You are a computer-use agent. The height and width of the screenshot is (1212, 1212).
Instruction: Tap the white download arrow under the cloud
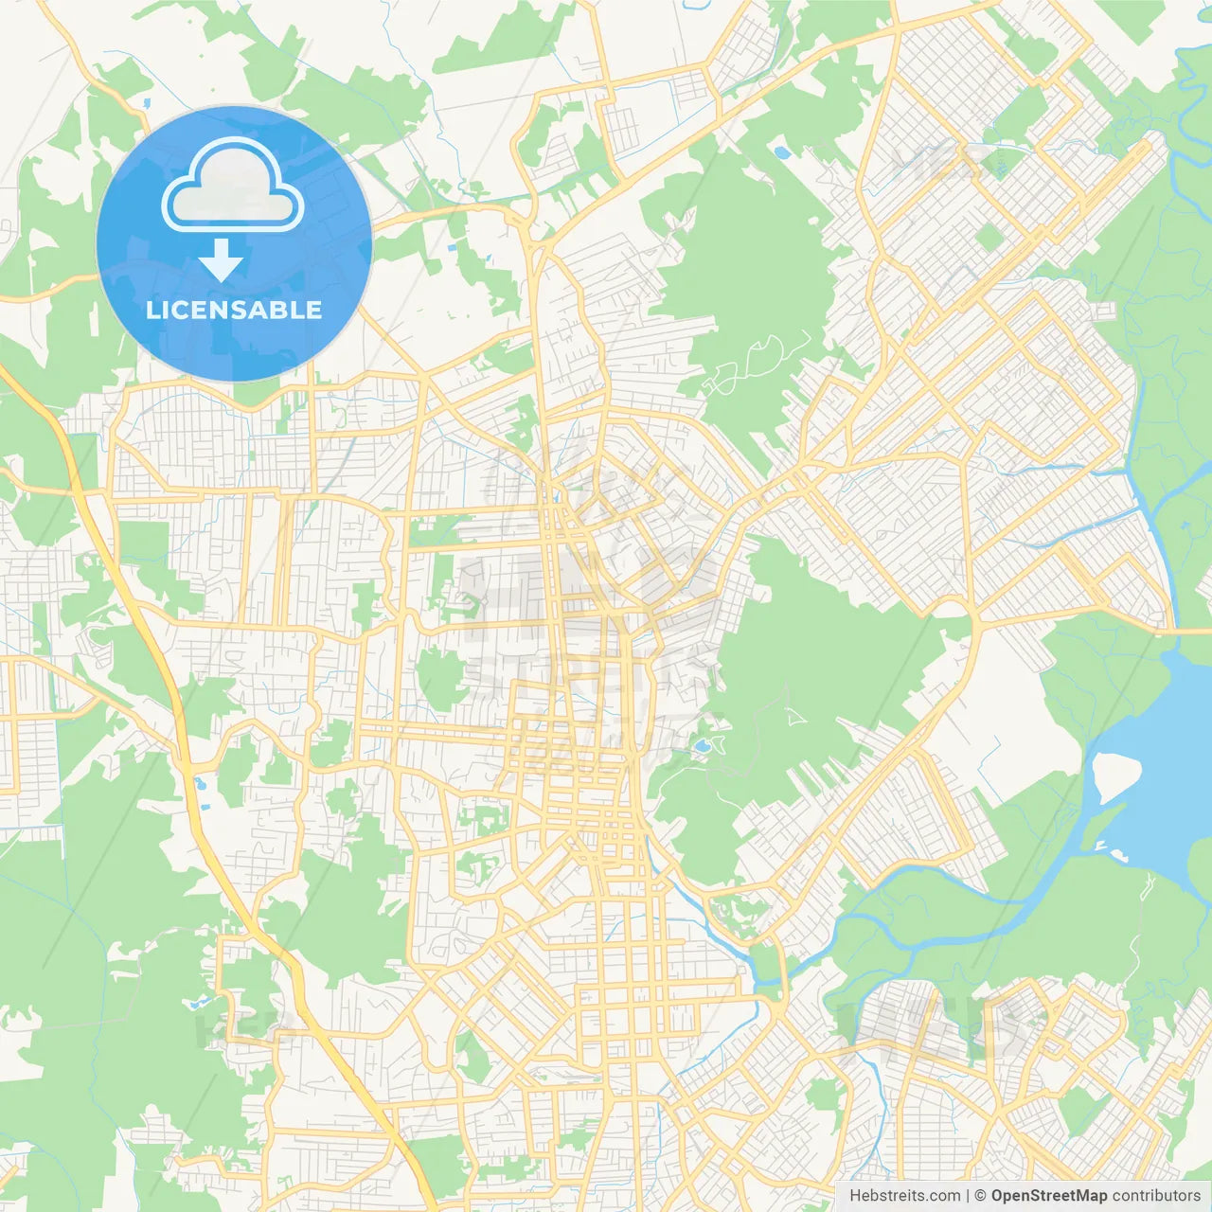coord(221,260)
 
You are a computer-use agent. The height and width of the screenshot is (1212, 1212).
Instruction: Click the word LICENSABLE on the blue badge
coord(234,310)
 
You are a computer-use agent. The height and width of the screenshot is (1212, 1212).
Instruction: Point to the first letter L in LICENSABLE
coord(152,310)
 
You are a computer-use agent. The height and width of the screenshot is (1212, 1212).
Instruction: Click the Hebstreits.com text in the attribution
coord(904,1196)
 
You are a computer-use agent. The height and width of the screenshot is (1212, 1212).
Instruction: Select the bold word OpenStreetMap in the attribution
coord(1048,1196)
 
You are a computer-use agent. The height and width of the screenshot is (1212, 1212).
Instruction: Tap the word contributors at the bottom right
coord(1156,1196)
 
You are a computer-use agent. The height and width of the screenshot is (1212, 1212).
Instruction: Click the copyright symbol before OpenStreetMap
coord(980,1196)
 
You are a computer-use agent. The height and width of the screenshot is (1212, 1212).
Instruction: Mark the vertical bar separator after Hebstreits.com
coord(968,1196)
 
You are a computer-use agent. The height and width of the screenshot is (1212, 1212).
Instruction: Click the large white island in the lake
coord(1114,776)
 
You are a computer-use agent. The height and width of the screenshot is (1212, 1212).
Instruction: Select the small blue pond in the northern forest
coord(782,151)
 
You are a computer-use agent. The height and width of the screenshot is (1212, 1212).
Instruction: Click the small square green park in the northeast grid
coord(988,238)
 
